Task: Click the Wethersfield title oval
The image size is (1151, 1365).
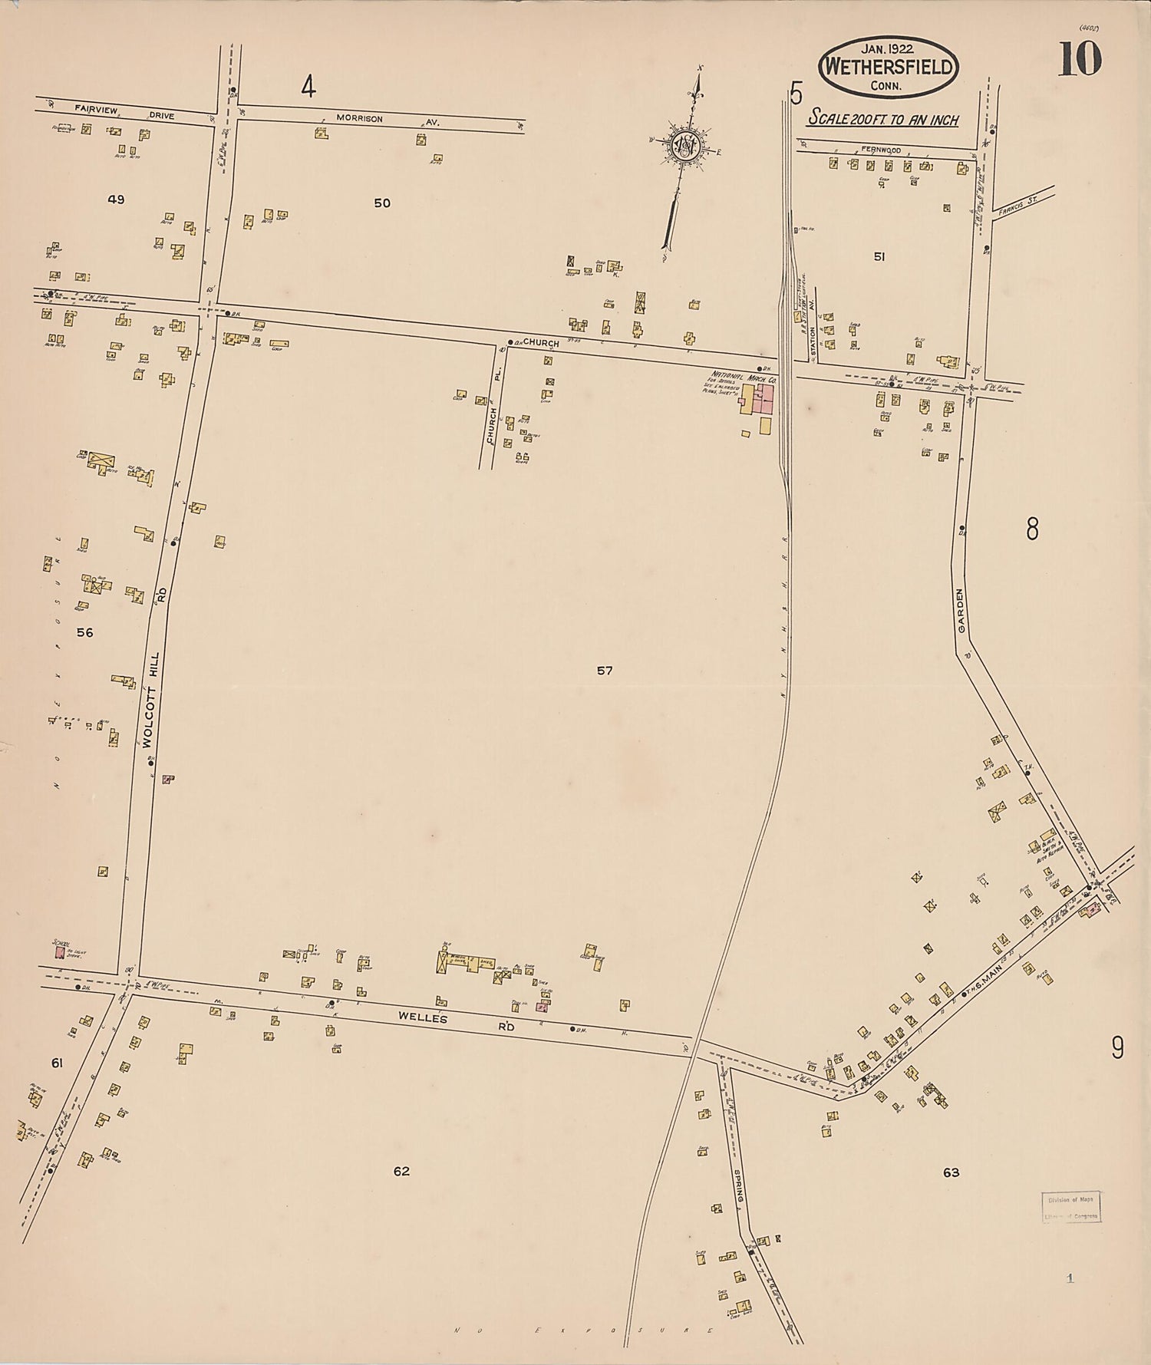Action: click(x=889, y=67)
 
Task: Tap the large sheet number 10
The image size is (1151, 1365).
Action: click(x=1080, y=60)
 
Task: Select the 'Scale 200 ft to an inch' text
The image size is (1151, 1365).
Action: click(x=882, y=120)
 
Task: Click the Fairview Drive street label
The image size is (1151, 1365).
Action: click(x=124, y=113)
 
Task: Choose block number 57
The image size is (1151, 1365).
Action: click(x=605, y=671)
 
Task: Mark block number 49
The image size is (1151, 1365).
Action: click(x=116, y=199)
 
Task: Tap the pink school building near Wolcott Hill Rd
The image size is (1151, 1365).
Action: click(x=59, y=952)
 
